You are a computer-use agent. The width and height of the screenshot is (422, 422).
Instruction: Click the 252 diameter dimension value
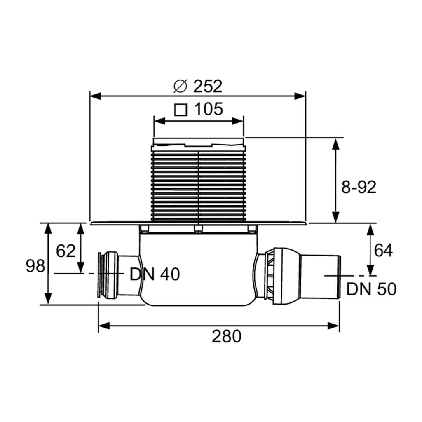[208, 86]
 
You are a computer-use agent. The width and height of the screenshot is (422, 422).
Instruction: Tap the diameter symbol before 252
[180, 86]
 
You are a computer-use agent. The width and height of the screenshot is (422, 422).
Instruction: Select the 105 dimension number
[209, 109]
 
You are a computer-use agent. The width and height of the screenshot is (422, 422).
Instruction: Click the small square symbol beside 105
[181, 110]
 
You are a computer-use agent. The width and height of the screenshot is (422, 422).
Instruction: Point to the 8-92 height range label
[359, 187]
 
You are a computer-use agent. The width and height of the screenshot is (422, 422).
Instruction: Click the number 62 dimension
[66, 251]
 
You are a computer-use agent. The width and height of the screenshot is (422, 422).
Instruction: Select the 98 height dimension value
[35, 266]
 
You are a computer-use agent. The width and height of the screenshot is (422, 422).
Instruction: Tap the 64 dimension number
[383, 250]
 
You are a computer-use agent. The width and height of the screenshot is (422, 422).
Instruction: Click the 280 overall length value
[226, 336]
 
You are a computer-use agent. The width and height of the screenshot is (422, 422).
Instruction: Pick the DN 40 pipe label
[155, 274]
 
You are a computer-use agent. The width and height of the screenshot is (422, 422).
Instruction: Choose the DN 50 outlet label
[371, 289]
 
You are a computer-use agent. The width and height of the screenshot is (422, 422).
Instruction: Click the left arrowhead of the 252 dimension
[95, 96]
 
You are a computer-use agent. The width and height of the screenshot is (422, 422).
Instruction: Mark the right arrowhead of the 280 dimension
[333, 326]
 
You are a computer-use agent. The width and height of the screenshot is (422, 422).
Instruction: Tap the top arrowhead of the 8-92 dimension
[335, 144]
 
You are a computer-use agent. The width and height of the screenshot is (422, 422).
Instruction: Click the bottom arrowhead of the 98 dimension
[48, 298]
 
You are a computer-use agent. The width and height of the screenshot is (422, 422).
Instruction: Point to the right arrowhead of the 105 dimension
[238, 121]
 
